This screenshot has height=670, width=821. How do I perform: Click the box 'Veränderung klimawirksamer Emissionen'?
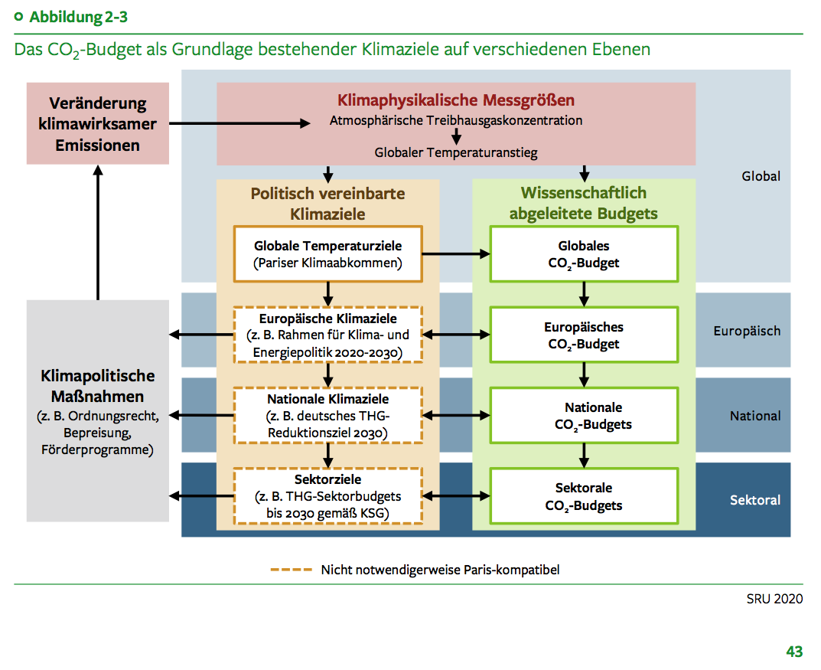98,123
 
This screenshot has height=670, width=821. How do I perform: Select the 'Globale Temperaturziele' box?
328,255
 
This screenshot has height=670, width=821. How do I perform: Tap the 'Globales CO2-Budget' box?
584,254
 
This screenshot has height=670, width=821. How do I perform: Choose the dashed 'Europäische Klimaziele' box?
328,335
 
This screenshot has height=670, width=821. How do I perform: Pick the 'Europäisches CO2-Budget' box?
584,335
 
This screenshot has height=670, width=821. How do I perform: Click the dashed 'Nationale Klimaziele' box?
328,416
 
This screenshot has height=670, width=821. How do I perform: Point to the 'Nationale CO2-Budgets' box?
584,416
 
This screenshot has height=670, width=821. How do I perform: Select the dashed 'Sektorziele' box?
328,496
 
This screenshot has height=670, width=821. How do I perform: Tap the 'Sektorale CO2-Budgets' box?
584,496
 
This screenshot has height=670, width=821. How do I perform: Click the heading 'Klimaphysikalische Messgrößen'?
456,101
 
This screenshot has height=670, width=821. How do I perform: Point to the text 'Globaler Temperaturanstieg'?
456,152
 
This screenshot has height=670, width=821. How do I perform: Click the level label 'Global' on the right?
761,176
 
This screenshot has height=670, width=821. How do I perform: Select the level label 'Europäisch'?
747,332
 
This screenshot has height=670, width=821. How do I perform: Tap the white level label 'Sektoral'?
755,500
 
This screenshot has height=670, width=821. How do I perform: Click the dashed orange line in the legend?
292,570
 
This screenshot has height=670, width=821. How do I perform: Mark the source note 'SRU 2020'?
774,599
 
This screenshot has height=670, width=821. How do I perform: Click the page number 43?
794,652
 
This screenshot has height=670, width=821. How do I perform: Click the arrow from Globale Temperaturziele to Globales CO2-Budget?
456,255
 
